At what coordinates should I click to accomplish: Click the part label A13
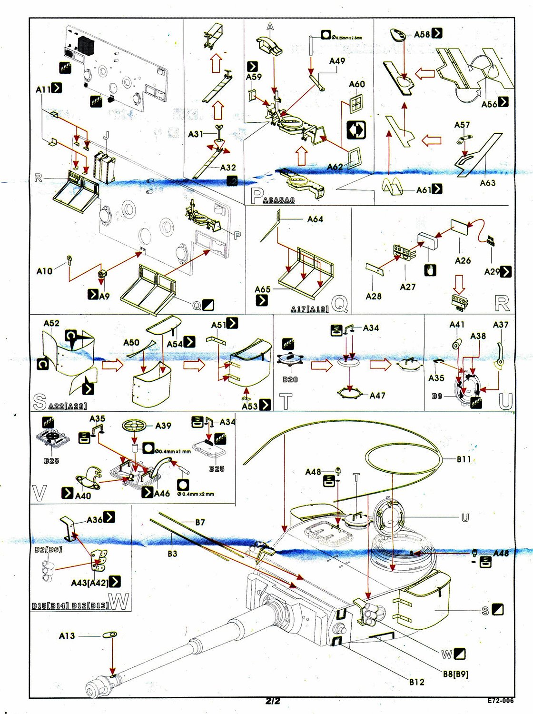point(67,635)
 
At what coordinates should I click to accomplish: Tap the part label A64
point(315,219)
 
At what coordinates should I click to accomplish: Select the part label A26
point(463,260)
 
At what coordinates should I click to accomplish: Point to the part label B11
point(464,459)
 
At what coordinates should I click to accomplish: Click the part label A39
point(163,426)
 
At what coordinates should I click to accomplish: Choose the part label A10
point(44,271)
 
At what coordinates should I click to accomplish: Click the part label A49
point(337,61)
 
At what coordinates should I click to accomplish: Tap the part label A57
point(462,125)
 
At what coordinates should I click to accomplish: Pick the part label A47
point(377,395)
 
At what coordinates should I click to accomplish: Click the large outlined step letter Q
point(339,303)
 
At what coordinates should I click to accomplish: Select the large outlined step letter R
point(502,303)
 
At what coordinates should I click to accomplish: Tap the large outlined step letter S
point(40,402)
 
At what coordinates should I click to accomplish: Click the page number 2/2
point(273,701)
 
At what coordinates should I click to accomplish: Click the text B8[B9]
point(455,674)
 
